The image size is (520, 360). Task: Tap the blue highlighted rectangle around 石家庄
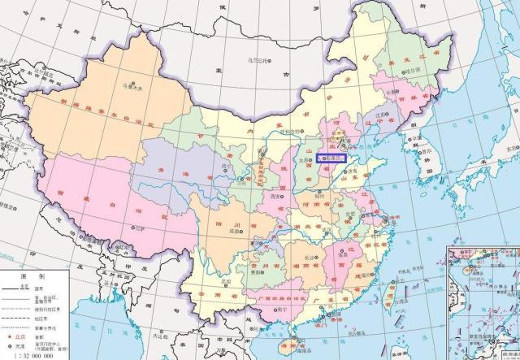pos(331,159)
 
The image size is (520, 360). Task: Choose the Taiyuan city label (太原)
pos(304,161)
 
